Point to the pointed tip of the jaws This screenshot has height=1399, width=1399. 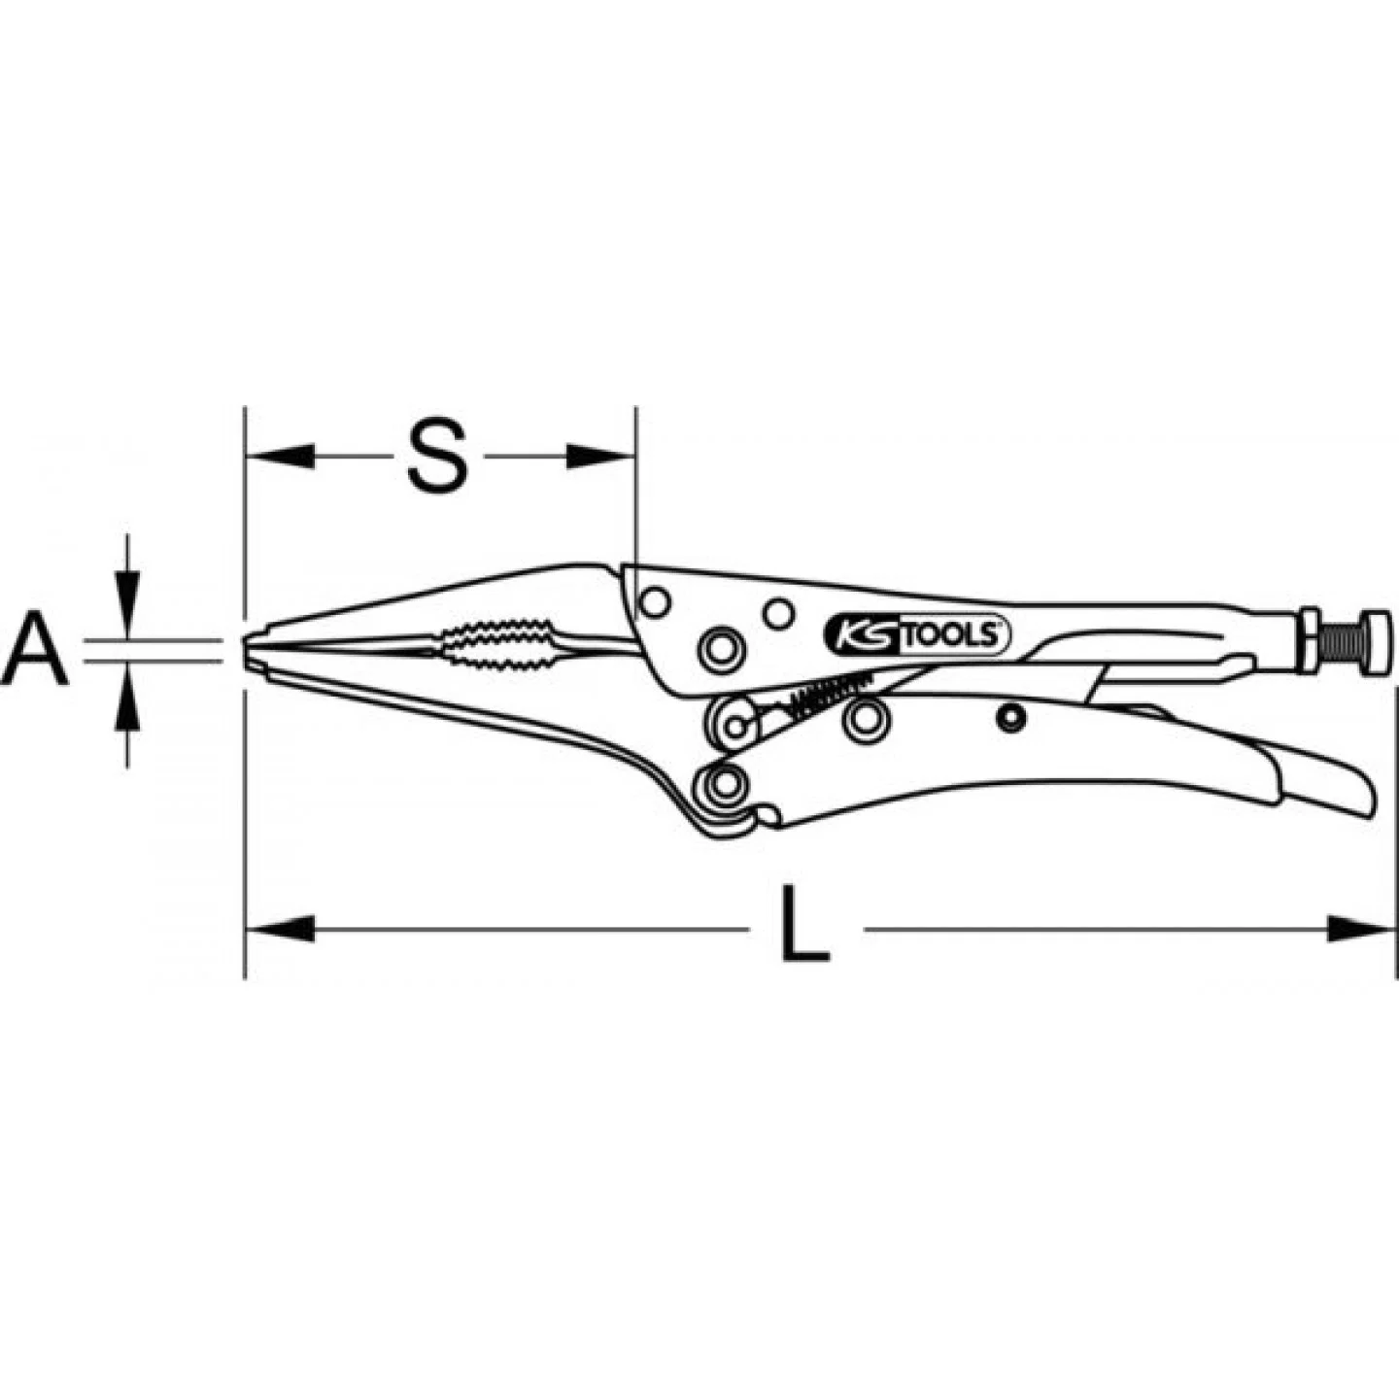point(246,642)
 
